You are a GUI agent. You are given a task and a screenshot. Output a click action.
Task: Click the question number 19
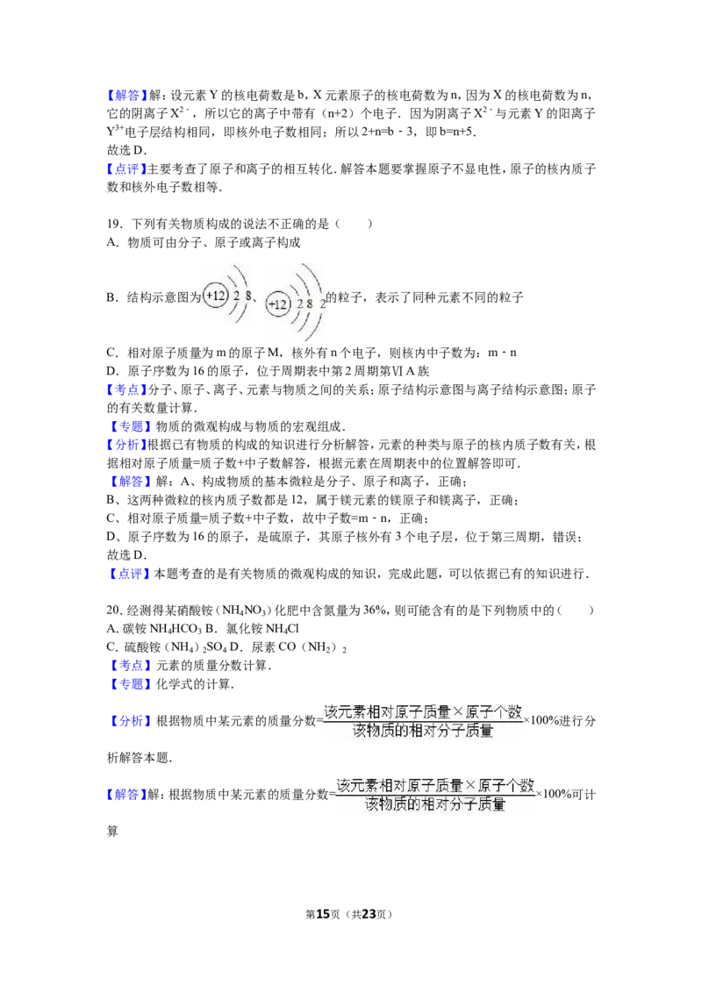[x=113, y=224]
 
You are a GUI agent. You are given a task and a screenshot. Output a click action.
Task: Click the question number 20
[x=113, y=610]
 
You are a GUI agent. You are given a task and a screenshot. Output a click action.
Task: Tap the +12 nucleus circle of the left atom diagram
[x=215, y=296]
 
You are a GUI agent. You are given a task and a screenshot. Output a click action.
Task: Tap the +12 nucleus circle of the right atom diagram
[x=278, y=304]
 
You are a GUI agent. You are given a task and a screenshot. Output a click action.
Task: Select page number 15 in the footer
[x=323, y=914]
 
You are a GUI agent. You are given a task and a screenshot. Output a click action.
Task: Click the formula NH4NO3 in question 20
[x=246, y=611]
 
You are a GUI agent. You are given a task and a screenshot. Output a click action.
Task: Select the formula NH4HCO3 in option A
[x=175, y=629]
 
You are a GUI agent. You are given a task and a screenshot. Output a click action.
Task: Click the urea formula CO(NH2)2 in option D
[x=312, y=647]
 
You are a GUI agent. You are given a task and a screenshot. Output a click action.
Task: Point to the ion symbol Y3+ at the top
[x=115, y=131]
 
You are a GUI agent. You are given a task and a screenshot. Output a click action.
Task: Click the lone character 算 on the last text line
[x=112, y=831]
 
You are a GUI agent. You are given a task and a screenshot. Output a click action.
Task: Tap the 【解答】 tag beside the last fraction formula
[x=126, y=794]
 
